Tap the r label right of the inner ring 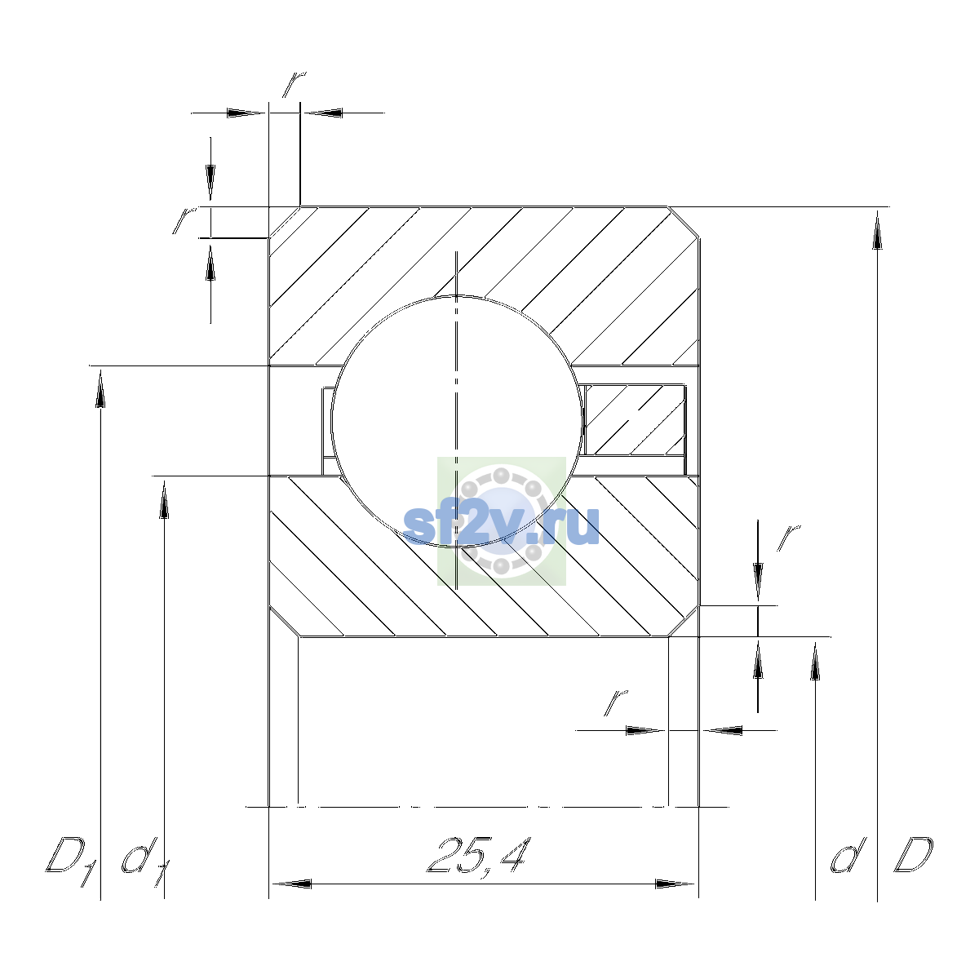(x=788, y=538)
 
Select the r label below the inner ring (x=615, y=702)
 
